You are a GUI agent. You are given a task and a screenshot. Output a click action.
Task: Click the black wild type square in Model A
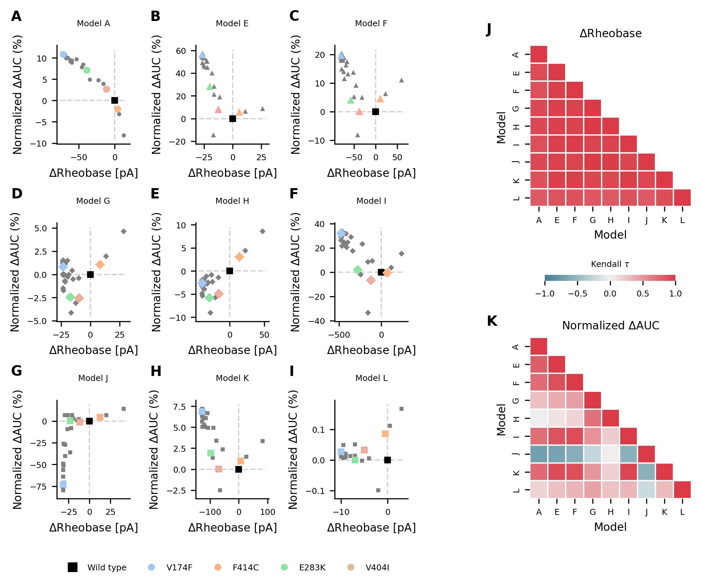coord(114,100)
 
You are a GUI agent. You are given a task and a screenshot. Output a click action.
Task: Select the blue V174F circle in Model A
coord(63,55)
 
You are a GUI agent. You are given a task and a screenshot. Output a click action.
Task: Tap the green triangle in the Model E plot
coord(210,87)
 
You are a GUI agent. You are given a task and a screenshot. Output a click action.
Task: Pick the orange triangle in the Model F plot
coord(380,99)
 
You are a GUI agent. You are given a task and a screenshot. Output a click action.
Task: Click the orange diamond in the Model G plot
coord(100,265)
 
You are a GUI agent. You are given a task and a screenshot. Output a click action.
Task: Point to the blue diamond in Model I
coord(341,233)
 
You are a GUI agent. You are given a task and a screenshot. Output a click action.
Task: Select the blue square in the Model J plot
coord(63,484)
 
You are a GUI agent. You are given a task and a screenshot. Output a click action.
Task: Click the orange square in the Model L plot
coord(385,434)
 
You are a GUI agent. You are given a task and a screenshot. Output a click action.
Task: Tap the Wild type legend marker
coord(72,567)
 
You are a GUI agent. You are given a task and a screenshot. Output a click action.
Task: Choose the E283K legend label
coord(312,568)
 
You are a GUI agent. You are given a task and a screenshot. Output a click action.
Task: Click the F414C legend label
coord(246,568)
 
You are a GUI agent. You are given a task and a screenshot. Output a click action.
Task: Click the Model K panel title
coord(232,378)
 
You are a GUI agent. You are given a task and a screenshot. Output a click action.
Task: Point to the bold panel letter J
coord(489,29)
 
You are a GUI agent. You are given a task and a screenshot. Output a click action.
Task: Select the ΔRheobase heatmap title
coord(610,33)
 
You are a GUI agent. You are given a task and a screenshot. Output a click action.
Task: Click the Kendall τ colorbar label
coord(610,264)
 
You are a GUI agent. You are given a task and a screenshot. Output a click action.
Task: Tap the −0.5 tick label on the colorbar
coord(577,294)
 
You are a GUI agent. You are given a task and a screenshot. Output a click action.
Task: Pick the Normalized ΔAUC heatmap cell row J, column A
coord(539,454)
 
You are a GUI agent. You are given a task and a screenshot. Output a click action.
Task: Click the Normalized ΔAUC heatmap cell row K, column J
coord(646,472)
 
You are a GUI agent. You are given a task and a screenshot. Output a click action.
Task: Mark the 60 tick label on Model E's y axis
coord(181,51)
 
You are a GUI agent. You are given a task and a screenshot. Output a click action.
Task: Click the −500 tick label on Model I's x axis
coord(339,335)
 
